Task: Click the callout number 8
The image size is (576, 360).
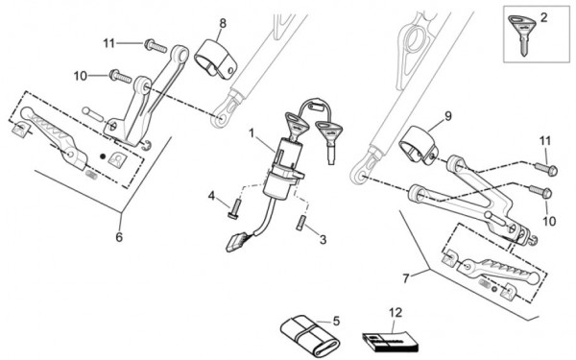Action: [223, 23]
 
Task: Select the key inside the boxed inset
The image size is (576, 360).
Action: [520, 34]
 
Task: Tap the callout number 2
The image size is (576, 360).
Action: [544, 17]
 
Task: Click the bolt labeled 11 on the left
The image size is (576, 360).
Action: [156, 46]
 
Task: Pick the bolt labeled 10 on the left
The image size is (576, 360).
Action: [120, 76]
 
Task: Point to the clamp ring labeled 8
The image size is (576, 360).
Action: [216, 58]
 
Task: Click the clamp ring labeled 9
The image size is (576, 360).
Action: [419, 144]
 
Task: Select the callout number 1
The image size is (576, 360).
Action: [252, 133]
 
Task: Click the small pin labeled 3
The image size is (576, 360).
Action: [300, 223]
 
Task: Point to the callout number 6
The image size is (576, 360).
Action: [119, 237]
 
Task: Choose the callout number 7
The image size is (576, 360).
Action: [405, 278]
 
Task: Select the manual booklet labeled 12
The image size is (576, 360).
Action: [391, 341]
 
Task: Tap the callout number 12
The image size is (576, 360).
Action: [396, 313]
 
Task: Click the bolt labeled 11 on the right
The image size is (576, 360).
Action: [546, 169]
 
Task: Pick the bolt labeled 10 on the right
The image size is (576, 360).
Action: [540, 191]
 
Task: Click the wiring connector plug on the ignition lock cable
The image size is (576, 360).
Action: [236, 243]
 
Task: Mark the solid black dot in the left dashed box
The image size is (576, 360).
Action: [103, 156]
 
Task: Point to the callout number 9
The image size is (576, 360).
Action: [447, 116]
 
